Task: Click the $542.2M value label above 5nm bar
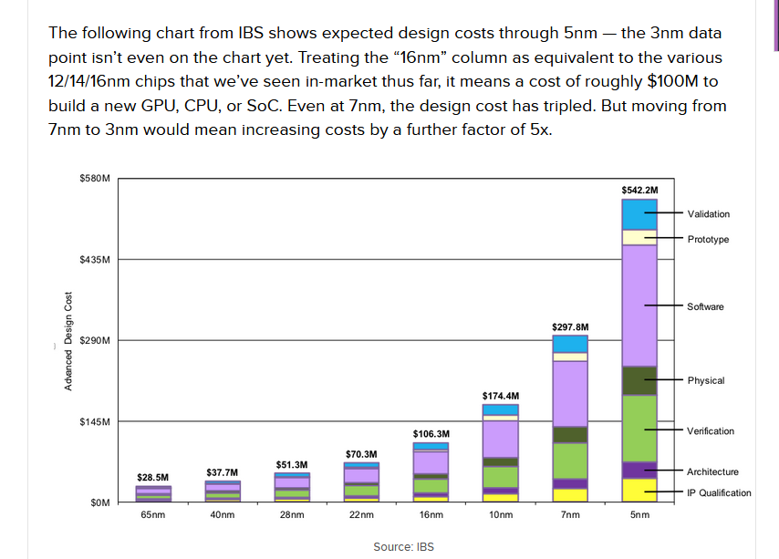click(x=639, y=190)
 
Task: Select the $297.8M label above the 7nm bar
click(x=570, y=326)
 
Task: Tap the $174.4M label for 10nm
click(x=501, y=395)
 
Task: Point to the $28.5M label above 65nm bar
click(x=152, y=477)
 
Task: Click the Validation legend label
click(x=708, y=213)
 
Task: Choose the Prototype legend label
click(x=708, y=239)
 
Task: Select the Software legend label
click(x=705, y=306)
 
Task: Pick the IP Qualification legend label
click(x=719, y=492)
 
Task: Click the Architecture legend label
click(x=712, y=471)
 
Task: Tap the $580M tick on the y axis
click(x=95, y=178)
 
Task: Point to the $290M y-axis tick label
click(x=95, y=340)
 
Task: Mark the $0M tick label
click(x=99, y=502)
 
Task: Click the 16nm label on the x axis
click(x=431, y=515)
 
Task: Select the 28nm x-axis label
click(x=291, y=515)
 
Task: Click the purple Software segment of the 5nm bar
click(x=639, y=305)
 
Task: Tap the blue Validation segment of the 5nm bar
click(x=639, y=214)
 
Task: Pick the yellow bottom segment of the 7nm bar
click(x=570, y=495)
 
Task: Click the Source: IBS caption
click(x=403, y=547)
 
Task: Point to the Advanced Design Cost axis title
click(x=68, y=341)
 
